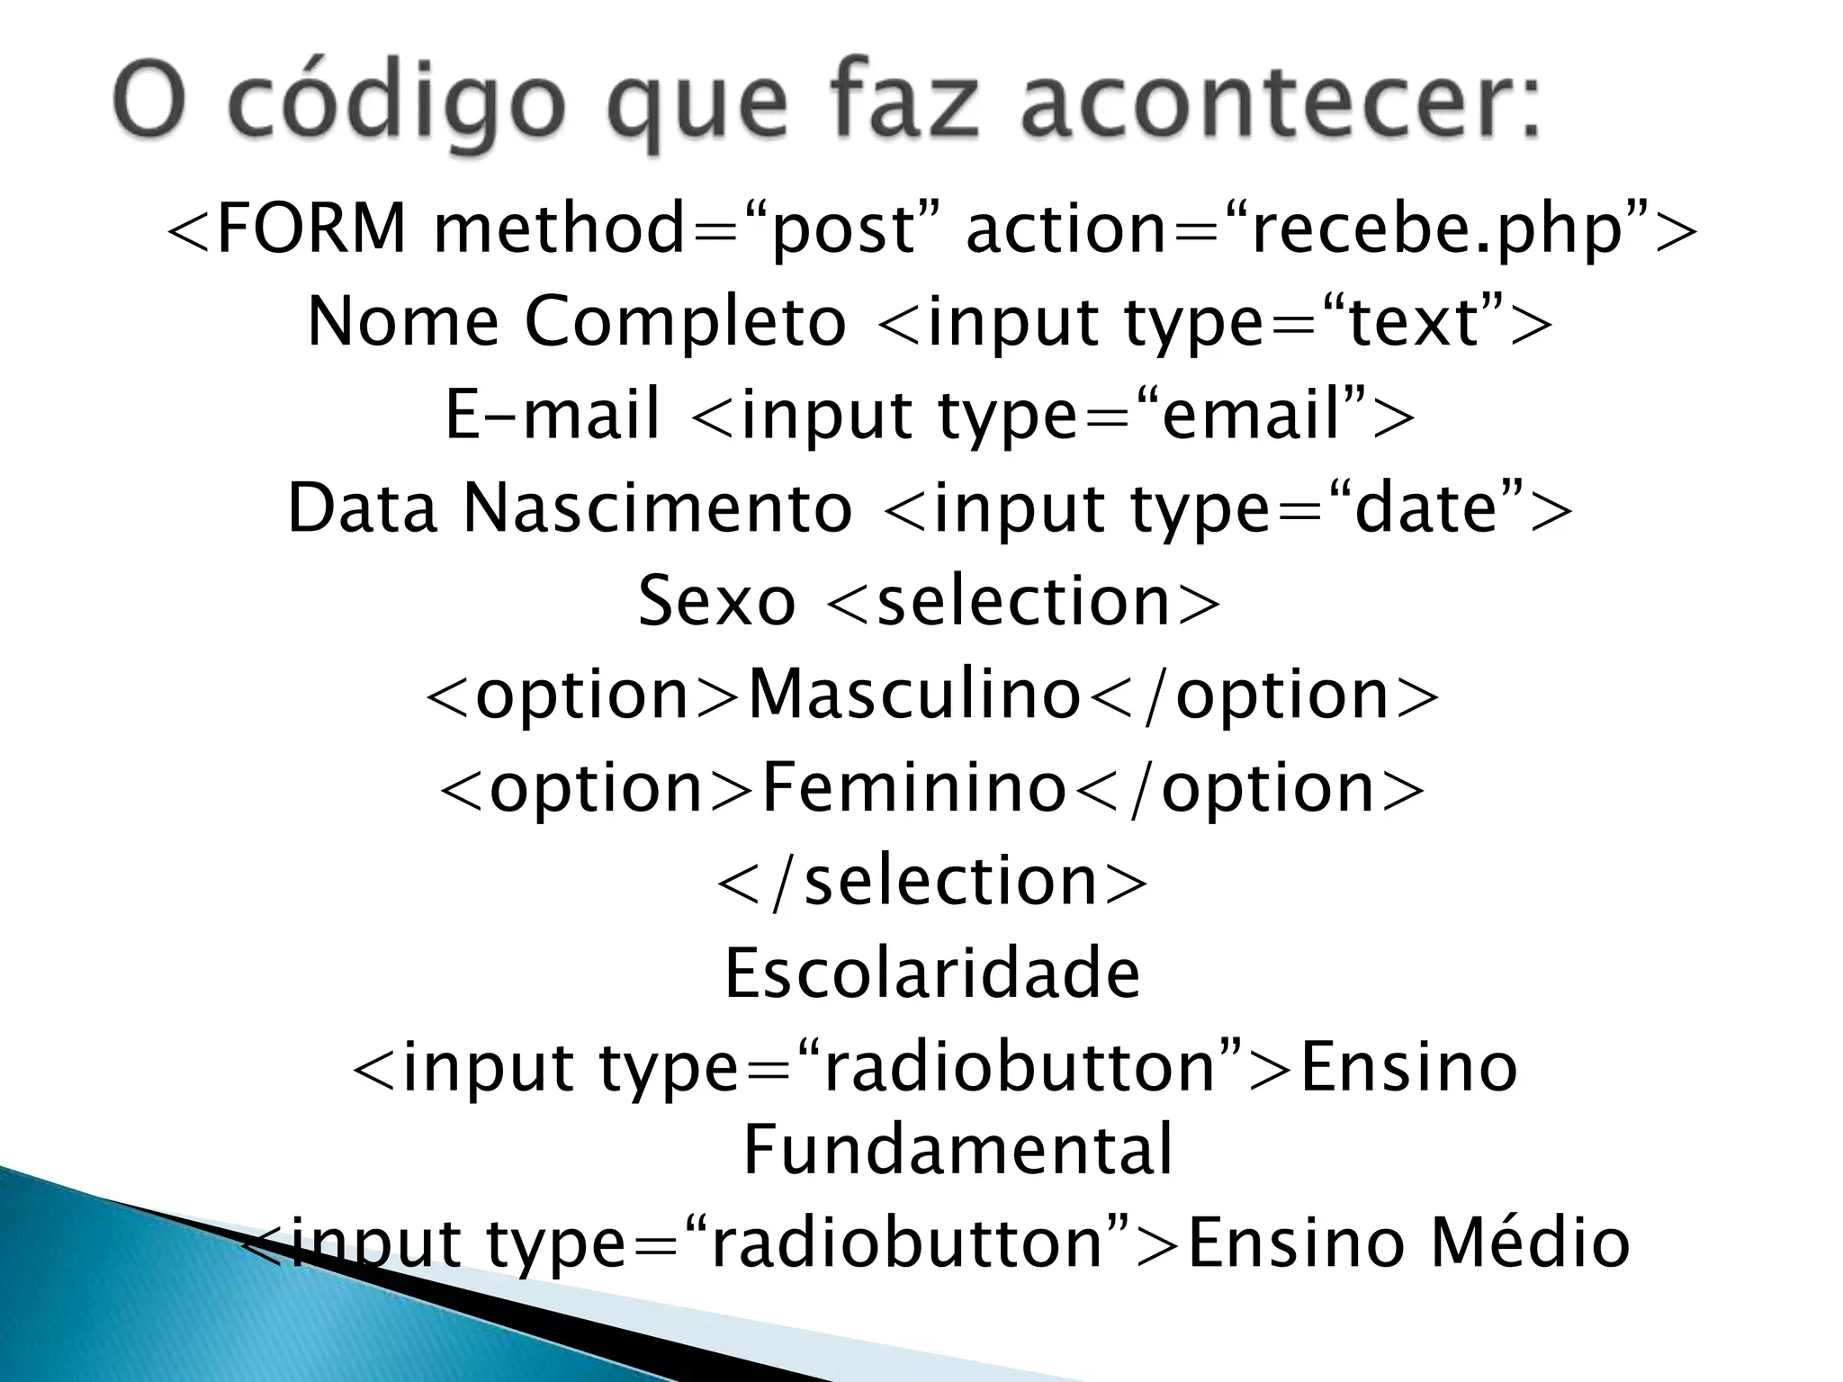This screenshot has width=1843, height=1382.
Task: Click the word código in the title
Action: tap(403, 106)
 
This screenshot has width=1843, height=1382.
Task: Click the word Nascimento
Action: tap(657, 507)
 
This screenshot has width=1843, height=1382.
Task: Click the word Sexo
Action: tap(716, 600)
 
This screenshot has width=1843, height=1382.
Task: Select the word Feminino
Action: tap(914, 787)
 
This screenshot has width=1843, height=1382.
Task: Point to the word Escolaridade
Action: tap(932, 974)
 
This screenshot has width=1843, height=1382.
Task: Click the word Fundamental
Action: tap(957, 1149)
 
